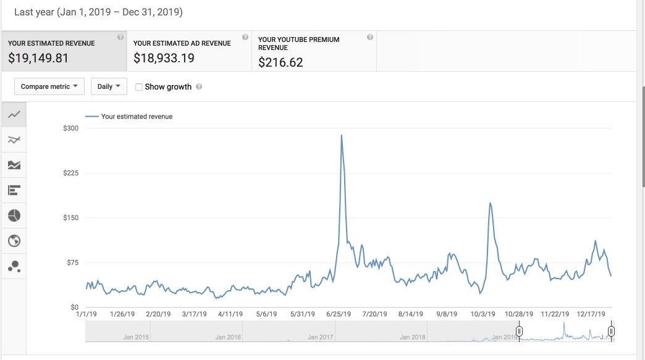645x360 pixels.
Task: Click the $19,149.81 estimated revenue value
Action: click(38, 59)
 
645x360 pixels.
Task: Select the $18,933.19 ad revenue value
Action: click(163, 59)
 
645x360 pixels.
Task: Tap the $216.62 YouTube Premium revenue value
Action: click(280, 62)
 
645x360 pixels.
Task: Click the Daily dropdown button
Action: click(109, 86)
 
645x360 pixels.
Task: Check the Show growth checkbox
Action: click(139, 87)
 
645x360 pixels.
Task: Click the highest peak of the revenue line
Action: click(342, 135)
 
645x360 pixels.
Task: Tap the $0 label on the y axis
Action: click(74, 307)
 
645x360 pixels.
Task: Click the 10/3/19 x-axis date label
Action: click(483, 314)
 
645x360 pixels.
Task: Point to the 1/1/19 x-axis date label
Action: click(86, 314)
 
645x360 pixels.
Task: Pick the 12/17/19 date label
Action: click(591, 314)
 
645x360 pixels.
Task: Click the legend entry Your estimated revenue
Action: click(136, 116)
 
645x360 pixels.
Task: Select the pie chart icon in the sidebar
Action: click(14, 216)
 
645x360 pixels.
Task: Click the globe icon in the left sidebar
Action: click(14, 241)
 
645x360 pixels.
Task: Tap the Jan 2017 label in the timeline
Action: click(321, 337)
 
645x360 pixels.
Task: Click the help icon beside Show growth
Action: click(199, 87)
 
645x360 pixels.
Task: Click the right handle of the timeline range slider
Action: click(611, 332)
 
